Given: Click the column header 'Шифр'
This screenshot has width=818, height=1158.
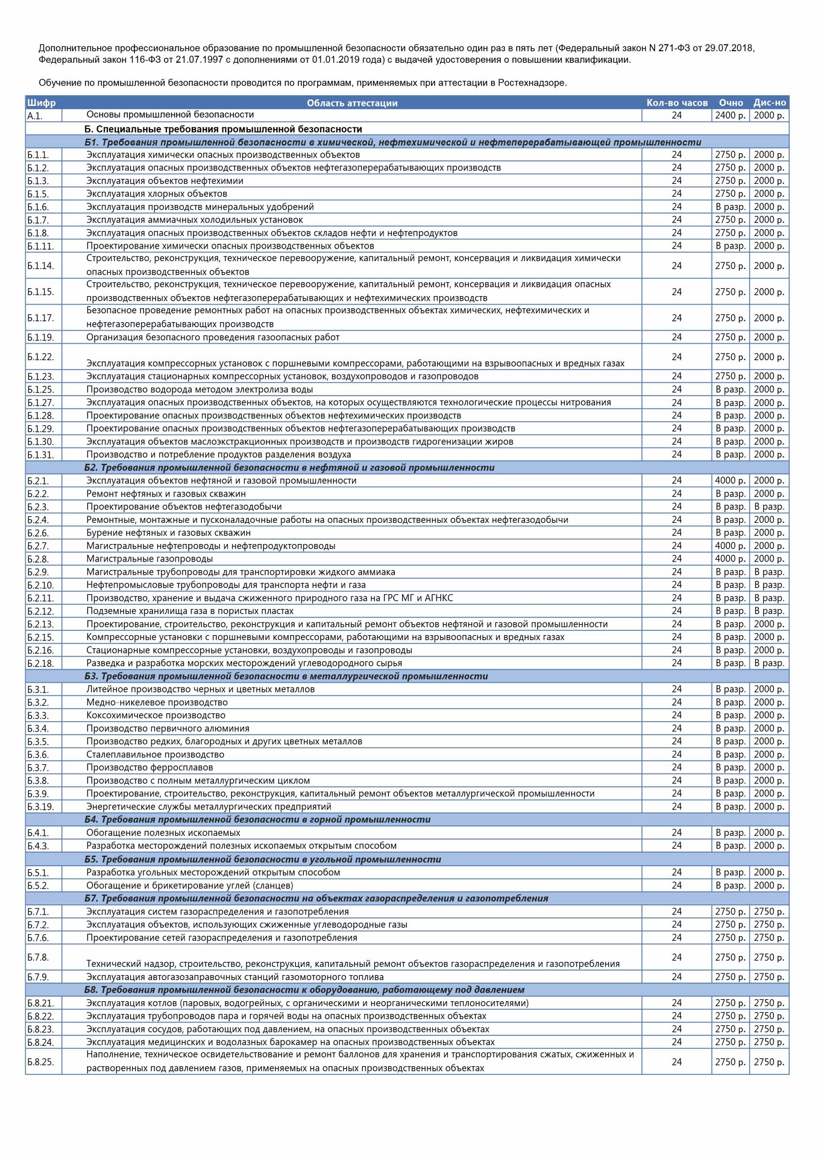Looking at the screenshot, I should point(42,103).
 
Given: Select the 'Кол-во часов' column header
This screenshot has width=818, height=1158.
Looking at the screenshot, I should point(676,103).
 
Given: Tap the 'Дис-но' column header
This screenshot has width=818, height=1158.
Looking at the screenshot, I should point(769,103).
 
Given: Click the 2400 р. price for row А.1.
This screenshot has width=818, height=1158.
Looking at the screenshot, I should point(730,115).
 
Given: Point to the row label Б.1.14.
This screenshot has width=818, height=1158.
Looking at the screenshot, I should point(40,265).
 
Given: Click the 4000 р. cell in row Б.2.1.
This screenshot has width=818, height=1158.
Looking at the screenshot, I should point(730,481).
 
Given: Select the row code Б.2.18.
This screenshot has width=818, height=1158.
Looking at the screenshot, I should point(40,663).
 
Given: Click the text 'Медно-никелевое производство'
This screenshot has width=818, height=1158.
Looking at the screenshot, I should point(157,702).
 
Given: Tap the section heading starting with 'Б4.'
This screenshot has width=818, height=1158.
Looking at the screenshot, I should point(257,820).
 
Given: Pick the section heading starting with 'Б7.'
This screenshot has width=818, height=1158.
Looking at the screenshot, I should point(316,898).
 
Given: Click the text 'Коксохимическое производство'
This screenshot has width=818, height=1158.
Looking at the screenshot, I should point(156,715).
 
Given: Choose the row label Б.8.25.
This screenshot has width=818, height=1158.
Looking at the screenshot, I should point(40,1061).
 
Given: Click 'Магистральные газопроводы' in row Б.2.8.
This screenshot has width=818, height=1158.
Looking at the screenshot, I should point(149,559).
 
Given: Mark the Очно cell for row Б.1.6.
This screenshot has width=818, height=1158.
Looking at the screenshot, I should point(730,207).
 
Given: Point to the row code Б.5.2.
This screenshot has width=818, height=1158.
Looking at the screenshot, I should point(38,885).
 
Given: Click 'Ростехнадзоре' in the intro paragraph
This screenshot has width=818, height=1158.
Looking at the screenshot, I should point(531,83).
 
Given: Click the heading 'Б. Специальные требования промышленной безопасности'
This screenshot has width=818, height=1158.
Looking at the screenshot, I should point(223,129).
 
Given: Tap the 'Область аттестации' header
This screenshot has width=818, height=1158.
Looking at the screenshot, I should point(352,103).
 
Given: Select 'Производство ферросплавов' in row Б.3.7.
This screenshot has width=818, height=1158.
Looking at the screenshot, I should point(149,767).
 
